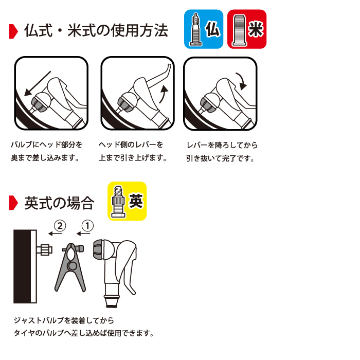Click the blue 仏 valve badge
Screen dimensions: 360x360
204,29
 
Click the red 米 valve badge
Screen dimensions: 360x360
247,29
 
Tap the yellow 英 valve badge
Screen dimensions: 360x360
127,201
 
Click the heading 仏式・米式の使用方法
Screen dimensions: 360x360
96,30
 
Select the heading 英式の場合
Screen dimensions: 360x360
59,203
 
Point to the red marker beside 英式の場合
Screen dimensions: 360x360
13,203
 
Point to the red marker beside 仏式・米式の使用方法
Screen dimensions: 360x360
13,31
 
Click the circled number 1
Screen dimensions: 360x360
87,226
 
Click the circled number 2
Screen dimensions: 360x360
60,226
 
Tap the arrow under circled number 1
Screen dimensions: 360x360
83,233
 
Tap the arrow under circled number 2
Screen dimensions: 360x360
56,233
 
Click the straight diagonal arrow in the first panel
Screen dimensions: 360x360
38,83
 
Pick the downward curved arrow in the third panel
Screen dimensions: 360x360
242,81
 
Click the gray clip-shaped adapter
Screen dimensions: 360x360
70,267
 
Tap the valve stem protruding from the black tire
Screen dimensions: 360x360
45,250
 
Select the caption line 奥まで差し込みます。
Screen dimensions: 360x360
45,158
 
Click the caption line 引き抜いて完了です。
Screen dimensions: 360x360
220,158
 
